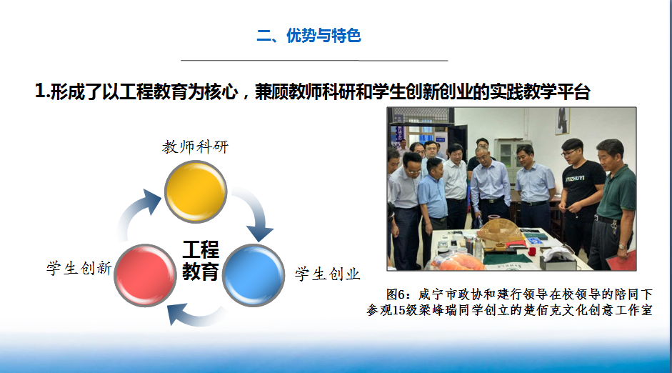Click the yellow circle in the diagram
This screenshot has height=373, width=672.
[x=196, y=192]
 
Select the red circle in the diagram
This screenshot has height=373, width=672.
[x=145, y=275]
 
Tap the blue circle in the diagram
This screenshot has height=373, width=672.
[x=254, y=275]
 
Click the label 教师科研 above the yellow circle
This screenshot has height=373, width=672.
[x=196, y=147]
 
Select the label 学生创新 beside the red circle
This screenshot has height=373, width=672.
[x=79, y=269]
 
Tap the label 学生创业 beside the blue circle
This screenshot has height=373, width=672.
[x=327, y=274]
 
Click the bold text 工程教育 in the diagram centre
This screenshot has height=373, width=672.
[x=201, y=261]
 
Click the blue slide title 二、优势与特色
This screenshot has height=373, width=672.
[x=309, y=36]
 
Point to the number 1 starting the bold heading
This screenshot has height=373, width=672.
[x=40, y=91]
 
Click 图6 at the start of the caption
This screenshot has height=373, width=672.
[x=395, y=294]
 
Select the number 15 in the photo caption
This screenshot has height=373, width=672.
[x=398, y=310]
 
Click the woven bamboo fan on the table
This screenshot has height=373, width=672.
[x=500, y=229]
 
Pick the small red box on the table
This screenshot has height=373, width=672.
[x=532, y=252]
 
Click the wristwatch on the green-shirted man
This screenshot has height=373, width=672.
[x=621, y=247]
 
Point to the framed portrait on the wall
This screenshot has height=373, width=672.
[x=563, y=121]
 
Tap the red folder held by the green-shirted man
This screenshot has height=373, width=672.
[x=622, y=260]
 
